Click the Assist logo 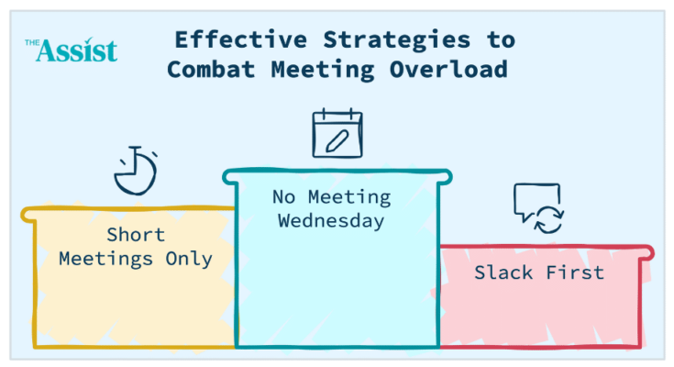click(71, 50)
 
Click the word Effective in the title click(241, 40)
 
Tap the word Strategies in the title click(397, 41)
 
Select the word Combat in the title click(211, 70)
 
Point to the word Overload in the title click(448, 70)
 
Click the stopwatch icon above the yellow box click(136, 171)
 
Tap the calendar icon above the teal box click(337, 133)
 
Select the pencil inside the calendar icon click(337, 141)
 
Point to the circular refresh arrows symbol click(548, 219)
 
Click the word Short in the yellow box click(136, 235)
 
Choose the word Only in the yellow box click(189, 259)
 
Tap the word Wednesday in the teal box click(331, 221)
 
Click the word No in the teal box click(284, 197)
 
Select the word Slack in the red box click(503, 272)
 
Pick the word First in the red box click(575, 272)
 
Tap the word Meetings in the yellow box click(105, 260)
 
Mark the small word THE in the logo click(32, 42)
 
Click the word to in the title click(502, 41)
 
